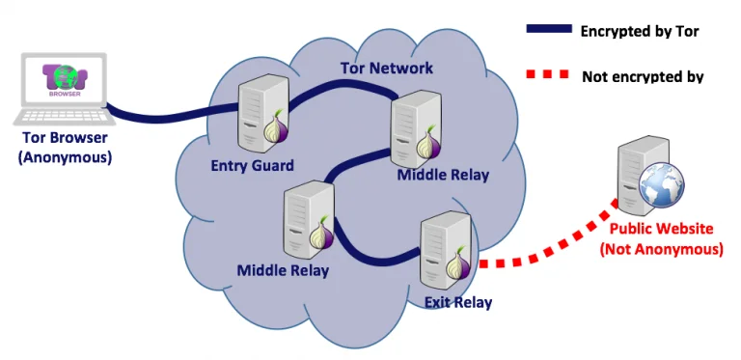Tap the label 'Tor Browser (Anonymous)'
[65, 146]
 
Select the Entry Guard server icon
[261, 111]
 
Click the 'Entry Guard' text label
[252, 166]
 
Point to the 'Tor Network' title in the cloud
[386, 68]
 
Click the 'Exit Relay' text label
[457, 303]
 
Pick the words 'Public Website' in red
[661, 229]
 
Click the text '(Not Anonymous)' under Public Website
[661, 249]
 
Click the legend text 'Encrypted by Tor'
[639, 31]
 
